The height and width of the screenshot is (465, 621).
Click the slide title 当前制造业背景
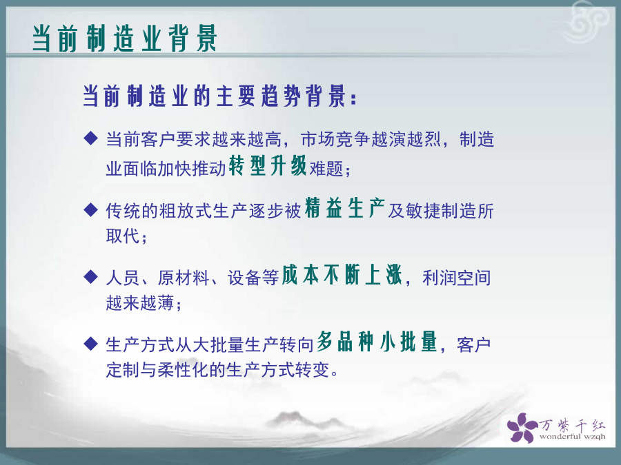125,39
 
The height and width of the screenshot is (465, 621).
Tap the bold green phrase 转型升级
268,165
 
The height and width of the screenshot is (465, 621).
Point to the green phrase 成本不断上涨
342,275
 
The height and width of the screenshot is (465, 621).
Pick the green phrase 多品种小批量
377,342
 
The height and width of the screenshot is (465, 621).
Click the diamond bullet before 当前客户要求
90,138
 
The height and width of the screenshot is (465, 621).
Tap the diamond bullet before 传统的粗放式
90,209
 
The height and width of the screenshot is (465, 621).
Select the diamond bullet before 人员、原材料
90,276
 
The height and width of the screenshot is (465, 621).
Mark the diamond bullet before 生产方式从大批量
90,344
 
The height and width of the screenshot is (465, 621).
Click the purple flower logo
522,427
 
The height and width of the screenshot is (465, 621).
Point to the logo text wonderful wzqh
572,437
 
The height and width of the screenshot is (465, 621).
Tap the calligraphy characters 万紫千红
572,426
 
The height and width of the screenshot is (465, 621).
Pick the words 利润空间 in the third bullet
457,278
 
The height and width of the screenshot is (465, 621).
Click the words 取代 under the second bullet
123,236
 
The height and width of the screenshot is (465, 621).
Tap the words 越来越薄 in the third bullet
140,303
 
